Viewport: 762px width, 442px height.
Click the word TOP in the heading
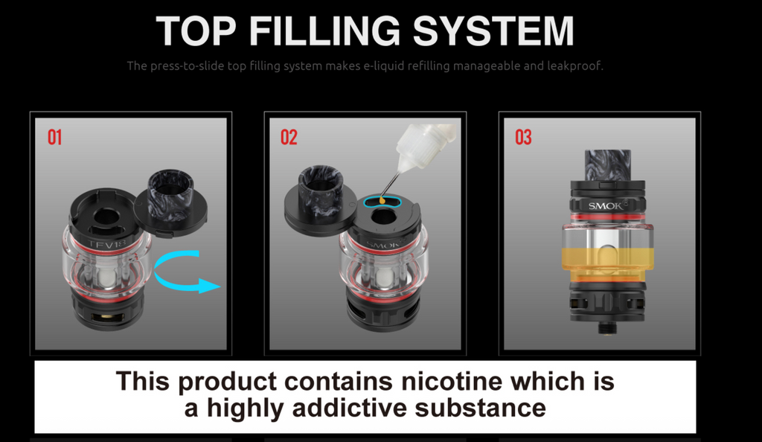tap(196, 31)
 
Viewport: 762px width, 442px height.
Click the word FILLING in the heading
tap(324, 31)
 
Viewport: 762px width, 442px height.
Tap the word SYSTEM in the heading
tap(493, 31)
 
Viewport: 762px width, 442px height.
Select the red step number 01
tap(54, 138)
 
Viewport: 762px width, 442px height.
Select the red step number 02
tap(289, 138)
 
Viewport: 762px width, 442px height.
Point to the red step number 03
tap(523, 138)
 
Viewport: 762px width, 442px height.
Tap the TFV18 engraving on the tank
tap(106, 243)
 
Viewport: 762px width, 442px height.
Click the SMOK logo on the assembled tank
tap(606, 206)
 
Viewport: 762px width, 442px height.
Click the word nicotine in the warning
tap(452, 381)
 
